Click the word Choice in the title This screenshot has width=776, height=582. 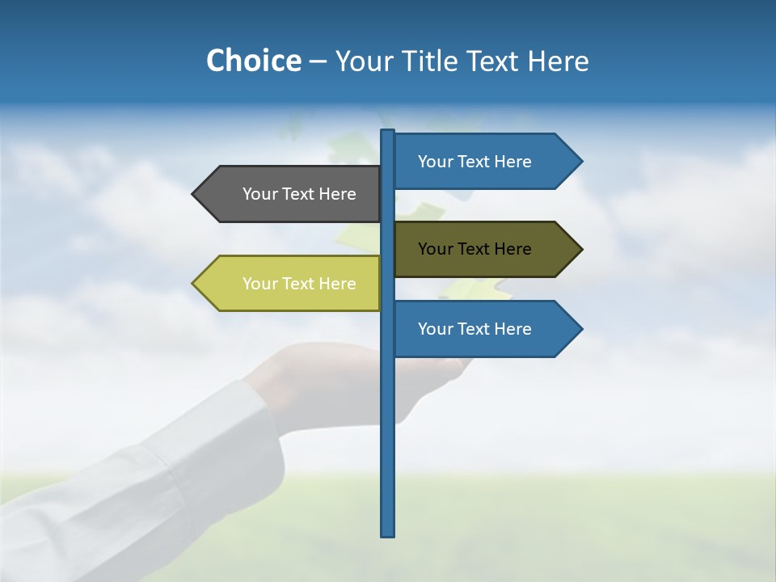[253, 61]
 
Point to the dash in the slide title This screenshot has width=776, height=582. [318, 62]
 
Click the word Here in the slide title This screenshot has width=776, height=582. [558, 61]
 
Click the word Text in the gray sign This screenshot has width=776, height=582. [297, 194]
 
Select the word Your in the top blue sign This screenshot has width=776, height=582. [434, 162]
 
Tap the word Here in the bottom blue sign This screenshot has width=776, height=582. [512, 329]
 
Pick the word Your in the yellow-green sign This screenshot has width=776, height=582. [259, 284]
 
